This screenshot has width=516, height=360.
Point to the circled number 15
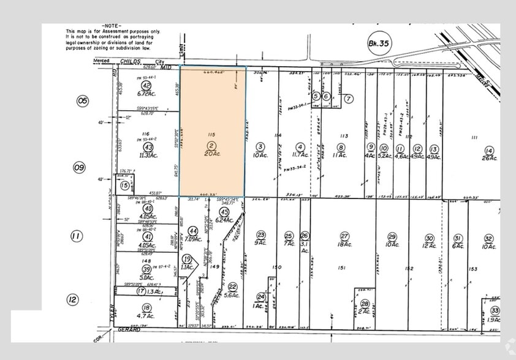click(x=124, y=186)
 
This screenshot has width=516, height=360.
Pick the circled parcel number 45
click(x=223, y=212)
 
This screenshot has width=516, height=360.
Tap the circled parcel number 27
click(x=344, y=236)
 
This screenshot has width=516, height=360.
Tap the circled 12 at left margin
click(x=73, y=299)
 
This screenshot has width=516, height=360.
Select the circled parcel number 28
click(x=365, y=304)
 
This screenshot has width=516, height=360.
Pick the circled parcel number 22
click(x=232, y=286)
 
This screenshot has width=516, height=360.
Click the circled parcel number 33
click(x=495, y=310)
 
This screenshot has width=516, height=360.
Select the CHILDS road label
click(x=131, y=62)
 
